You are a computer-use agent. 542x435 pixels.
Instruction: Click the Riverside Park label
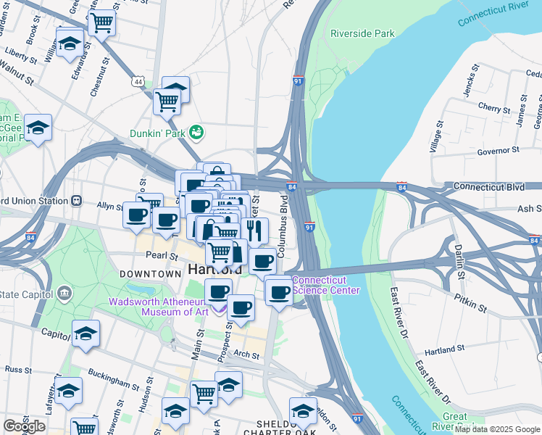click(362, 33)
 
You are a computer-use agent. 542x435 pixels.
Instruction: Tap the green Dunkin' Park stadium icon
click(195, 132)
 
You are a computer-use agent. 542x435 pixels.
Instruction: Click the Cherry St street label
click(495, 108)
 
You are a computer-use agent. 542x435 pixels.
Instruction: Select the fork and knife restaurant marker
click(253, 231)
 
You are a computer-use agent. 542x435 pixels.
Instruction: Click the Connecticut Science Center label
click(325, 286)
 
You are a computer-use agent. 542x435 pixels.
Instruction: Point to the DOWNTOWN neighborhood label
click(150, 274)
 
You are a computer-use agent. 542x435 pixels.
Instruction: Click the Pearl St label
click(162, 256)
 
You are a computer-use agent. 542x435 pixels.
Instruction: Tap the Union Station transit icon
click(76, 200)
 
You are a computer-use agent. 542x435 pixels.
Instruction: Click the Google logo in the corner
click(24, 426)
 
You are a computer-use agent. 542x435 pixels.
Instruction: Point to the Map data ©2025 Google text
click(497, 430)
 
